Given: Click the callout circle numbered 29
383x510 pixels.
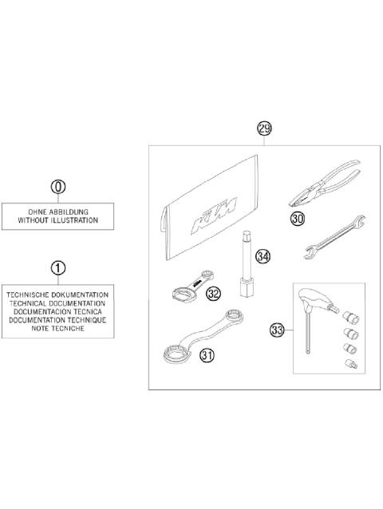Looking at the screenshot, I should click(x=265, y=128).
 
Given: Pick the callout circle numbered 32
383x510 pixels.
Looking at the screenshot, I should click(x=213, y=294).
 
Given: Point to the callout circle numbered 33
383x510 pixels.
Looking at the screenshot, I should click(x=277, y=328).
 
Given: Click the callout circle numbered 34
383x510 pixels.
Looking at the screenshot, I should click(x=263, y=256).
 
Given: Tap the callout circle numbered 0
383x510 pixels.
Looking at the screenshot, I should click(x=57, y=187).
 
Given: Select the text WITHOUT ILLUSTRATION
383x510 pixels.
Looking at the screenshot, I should click(x=57, y=219).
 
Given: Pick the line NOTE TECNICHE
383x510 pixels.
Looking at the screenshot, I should click(x=57, y=328).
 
